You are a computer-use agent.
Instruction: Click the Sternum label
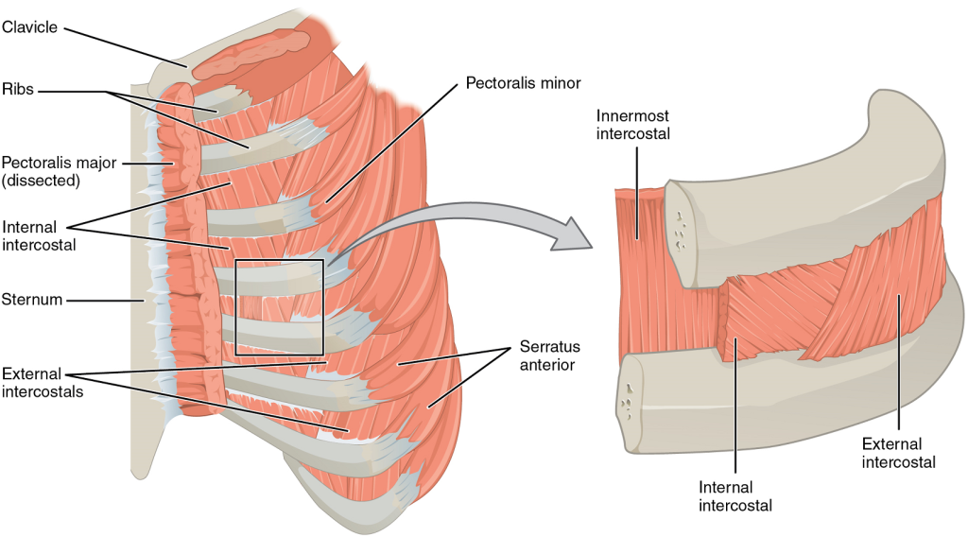point(32,300)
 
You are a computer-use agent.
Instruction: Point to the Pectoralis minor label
point(523,82)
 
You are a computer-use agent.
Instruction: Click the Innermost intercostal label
point(632,125)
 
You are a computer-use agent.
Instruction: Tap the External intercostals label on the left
point(42,381)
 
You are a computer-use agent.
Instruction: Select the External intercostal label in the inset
point(898,453)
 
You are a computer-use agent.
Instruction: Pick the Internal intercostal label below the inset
point(735,496)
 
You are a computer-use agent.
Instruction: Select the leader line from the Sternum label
point(104,301)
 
